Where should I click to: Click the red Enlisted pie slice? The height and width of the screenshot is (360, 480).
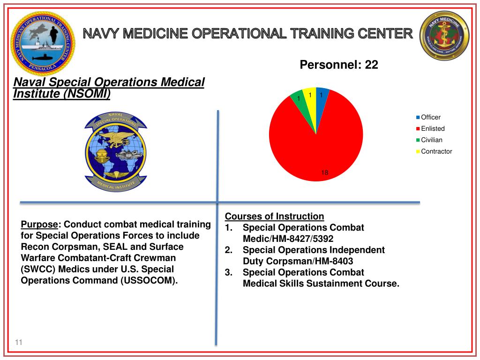319,141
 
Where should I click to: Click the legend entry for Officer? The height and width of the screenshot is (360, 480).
430,117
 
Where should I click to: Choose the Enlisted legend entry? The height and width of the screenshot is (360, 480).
432,128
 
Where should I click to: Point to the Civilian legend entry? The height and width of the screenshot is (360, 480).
431,140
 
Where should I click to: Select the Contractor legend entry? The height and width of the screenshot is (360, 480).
436,151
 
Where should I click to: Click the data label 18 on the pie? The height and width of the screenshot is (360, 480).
324,173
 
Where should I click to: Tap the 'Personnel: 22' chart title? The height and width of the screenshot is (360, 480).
338,65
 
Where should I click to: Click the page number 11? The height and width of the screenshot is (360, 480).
19,343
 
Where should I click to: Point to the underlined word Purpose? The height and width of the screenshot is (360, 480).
40,224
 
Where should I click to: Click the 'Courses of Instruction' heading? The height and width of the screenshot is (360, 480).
274,216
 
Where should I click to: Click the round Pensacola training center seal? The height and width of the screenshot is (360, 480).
43,44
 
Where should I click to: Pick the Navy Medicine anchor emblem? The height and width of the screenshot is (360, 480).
444,37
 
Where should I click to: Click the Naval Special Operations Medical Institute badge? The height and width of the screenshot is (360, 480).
116,151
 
